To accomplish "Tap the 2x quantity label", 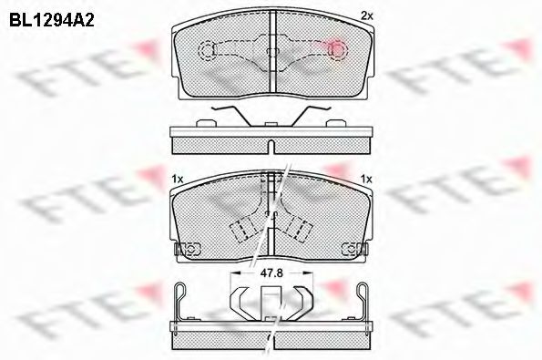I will coord(366,15).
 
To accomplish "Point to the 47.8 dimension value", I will coord(271,271).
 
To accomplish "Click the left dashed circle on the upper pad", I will coord(207,49).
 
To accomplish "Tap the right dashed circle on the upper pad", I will coord(335,49).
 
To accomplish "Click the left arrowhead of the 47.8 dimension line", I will coord(236,271).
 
